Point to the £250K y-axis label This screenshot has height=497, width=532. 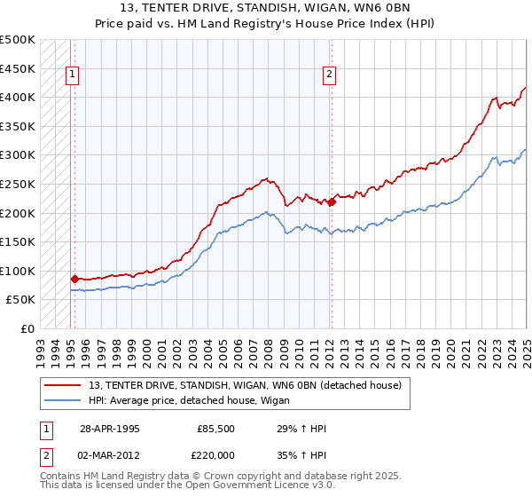point(18,184)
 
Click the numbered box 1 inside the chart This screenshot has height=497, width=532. point(72,75)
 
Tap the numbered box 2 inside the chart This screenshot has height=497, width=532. point(329,75)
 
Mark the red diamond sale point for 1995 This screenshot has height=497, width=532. point(74,279)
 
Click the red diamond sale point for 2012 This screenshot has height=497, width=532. point(332,202)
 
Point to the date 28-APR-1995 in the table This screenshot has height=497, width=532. point(110,429)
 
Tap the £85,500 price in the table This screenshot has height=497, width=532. point(217,429)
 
